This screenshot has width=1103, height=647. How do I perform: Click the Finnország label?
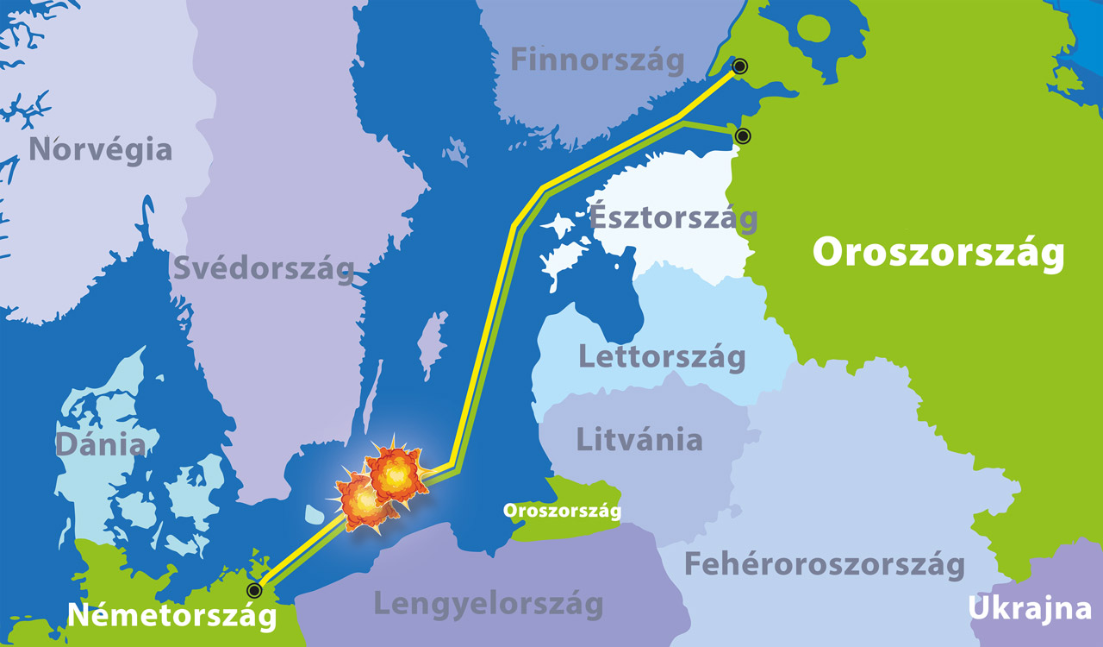point(597,60)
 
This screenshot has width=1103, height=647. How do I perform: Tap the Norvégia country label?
point(100,149)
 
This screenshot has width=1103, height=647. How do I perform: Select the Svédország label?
point(264,268)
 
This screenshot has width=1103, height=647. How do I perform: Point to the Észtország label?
point(673,217)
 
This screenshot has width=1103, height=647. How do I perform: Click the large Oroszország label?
point(938,254)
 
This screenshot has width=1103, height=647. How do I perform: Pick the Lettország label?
point(662,356)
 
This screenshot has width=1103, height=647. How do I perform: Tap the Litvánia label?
point(639,439)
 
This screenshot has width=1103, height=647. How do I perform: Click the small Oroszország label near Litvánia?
point(563,511)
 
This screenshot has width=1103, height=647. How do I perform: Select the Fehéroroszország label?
point(824,565)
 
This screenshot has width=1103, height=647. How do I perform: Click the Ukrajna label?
point(1031,608)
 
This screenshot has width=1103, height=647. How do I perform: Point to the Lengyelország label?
point(489,604)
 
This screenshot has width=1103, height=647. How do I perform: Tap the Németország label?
point(172,616)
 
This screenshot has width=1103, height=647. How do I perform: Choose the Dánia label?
point(100,445)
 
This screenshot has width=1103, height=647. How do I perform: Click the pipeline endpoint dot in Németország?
point(253,590)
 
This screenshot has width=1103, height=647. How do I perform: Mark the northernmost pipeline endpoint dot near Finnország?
point(739,66)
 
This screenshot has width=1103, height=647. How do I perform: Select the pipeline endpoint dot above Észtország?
point(742,135)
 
